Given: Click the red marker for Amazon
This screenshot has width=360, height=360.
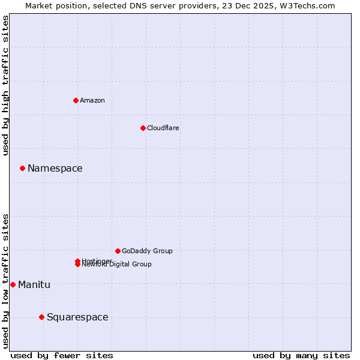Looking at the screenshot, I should point(76,100).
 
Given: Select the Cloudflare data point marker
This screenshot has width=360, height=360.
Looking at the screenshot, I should point(143,128).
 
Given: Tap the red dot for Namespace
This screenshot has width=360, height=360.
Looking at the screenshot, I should point(22,169).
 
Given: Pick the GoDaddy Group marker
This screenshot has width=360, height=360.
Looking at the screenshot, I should point(118,251).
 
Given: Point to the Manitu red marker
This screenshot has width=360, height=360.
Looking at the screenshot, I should point(13,284).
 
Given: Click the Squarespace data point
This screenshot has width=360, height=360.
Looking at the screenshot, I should point(41,317).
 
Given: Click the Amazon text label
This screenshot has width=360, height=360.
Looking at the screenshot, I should point(92,100).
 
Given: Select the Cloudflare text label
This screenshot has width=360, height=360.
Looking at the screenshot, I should point(163,128).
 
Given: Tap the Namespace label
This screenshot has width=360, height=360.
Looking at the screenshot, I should point(55,169).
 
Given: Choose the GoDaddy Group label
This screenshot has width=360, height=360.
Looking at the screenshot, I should point(147,251).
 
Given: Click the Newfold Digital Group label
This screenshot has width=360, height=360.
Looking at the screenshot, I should point(118,265).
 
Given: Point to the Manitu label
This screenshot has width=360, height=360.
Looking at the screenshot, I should point(34,284).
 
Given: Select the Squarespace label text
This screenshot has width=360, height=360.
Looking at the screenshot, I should point(77,317).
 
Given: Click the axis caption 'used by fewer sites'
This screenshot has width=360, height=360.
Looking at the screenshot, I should point(62,355).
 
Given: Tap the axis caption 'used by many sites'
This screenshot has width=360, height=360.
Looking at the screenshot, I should point(301,355).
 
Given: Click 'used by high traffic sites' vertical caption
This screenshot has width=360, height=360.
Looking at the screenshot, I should point(5,85).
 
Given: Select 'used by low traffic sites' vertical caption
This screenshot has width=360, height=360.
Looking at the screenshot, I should point(5,281).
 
